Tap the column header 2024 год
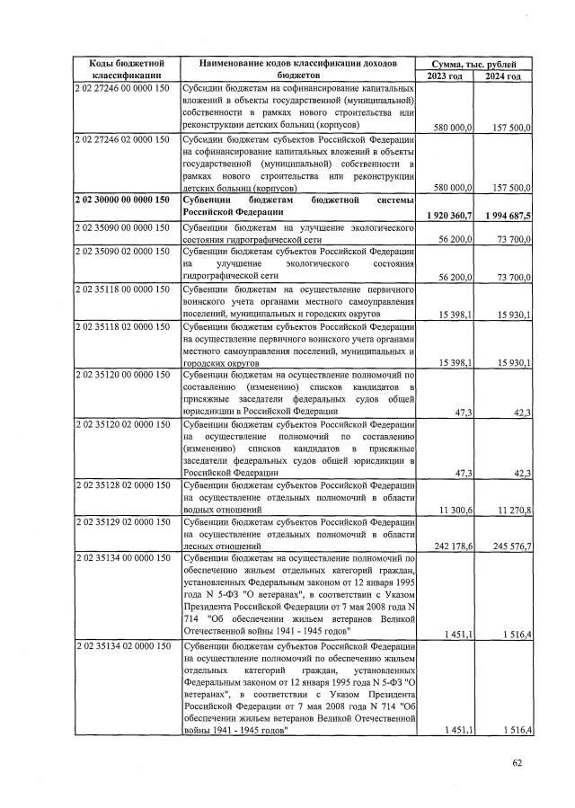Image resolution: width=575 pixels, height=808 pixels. tap(504, 76)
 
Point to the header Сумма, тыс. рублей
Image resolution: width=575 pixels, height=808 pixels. tap(475, 63)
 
